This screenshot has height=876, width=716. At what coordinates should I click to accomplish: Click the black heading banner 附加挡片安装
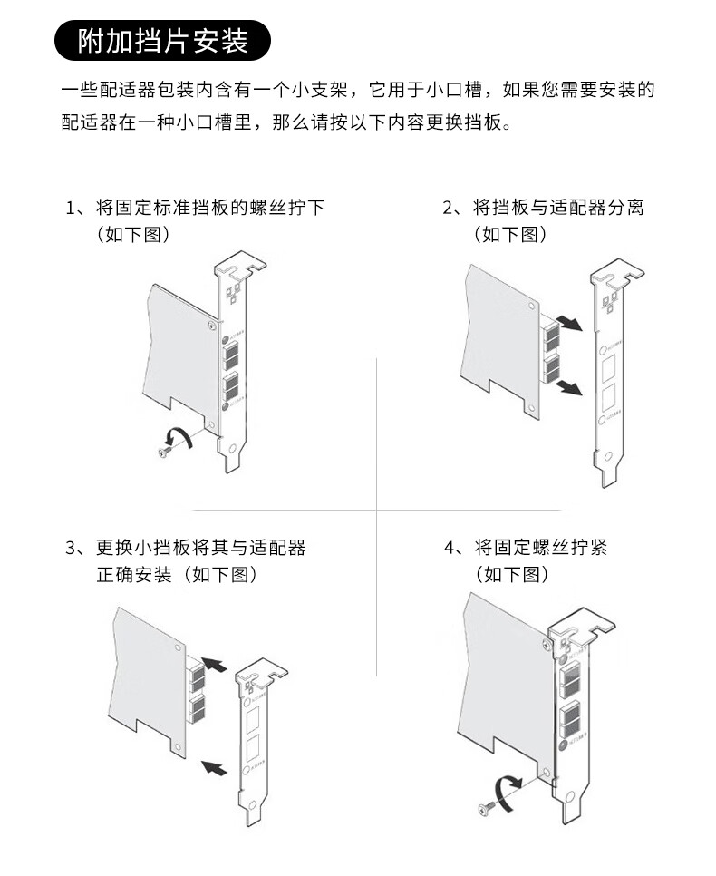pos(162,42)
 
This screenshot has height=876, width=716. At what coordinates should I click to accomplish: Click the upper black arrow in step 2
pos(569,323)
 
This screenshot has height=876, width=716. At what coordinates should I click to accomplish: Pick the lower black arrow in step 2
pos(569,387)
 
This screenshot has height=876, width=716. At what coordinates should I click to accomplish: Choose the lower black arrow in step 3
pos(213,767)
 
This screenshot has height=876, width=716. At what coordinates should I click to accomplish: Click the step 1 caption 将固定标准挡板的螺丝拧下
pos(209,208)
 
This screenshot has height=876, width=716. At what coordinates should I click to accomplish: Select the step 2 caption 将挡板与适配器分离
pos(558,208)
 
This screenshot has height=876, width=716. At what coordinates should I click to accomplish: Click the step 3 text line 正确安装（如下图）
pos(178,575)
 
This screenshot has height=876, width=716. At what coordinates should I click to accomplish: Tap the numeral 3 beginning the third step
pos(73,548)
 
